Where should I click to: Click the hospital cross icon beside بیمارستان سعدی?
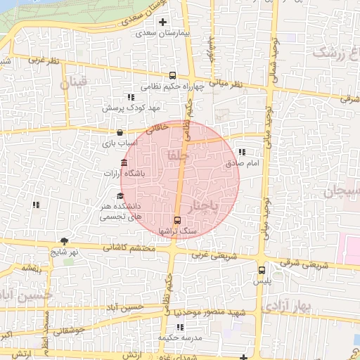point(163,22)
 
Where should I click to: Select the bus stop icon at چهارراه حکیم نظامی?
point(172,76)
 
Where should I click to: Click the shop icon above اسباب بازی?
point(119,132)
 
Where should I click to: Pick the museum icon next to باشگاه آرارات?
point(124,163)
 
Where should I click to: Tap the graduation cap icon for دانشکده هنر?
point(120,196)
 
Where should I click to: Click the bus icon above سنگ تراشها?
point(176,219)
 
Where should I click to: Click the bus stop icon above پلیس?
point(262,269)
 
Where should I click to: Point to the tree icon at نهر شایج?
point(65,241)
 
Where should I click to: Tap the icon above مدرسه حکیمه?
point(180,327)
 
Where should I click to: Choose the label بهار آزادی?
point(285,307)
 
